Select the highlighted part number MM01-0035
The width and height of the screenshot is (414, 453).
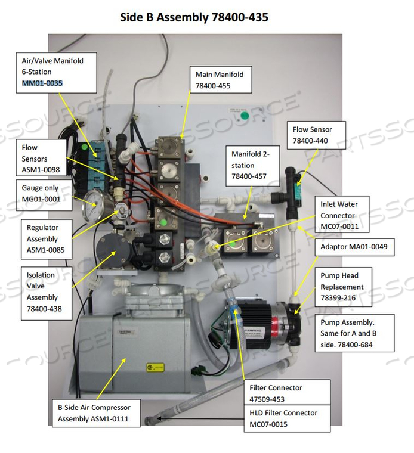(42, 83)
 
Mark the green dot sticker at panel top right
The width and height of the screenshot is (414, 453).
(244, 115)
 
